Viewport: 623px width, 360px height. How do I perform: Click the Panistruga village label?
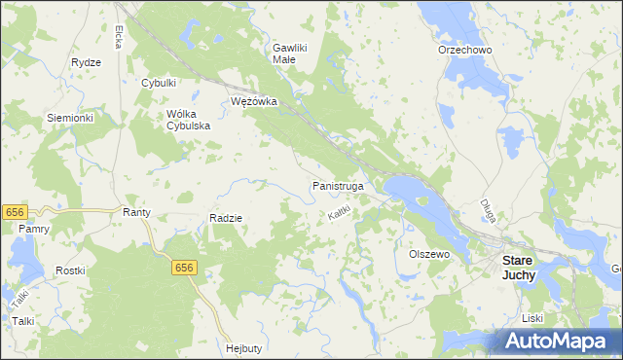click(x=338, y=184)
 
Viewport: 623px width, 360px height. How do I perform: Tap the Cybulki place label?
click(x=159, y=83)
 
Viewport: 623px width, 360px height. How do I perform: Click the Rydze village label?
click(x=87, y=62)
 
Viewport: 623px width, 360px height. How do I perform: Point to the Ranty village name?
click(x=134, y=211)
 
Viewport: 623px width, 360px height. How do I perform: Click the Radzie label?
click(x=226, y=218)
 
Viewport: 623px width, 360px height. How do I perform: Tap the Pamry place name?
click(x=32, y=228)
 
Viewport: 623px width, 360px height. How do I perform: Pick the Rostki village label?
click(x=70, y=270)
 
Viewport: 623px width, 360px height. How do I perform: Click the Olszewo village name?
click(x=428, y=254)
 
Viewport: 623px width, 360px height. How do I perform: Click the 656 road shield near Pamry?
click(x=14, y=211)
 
